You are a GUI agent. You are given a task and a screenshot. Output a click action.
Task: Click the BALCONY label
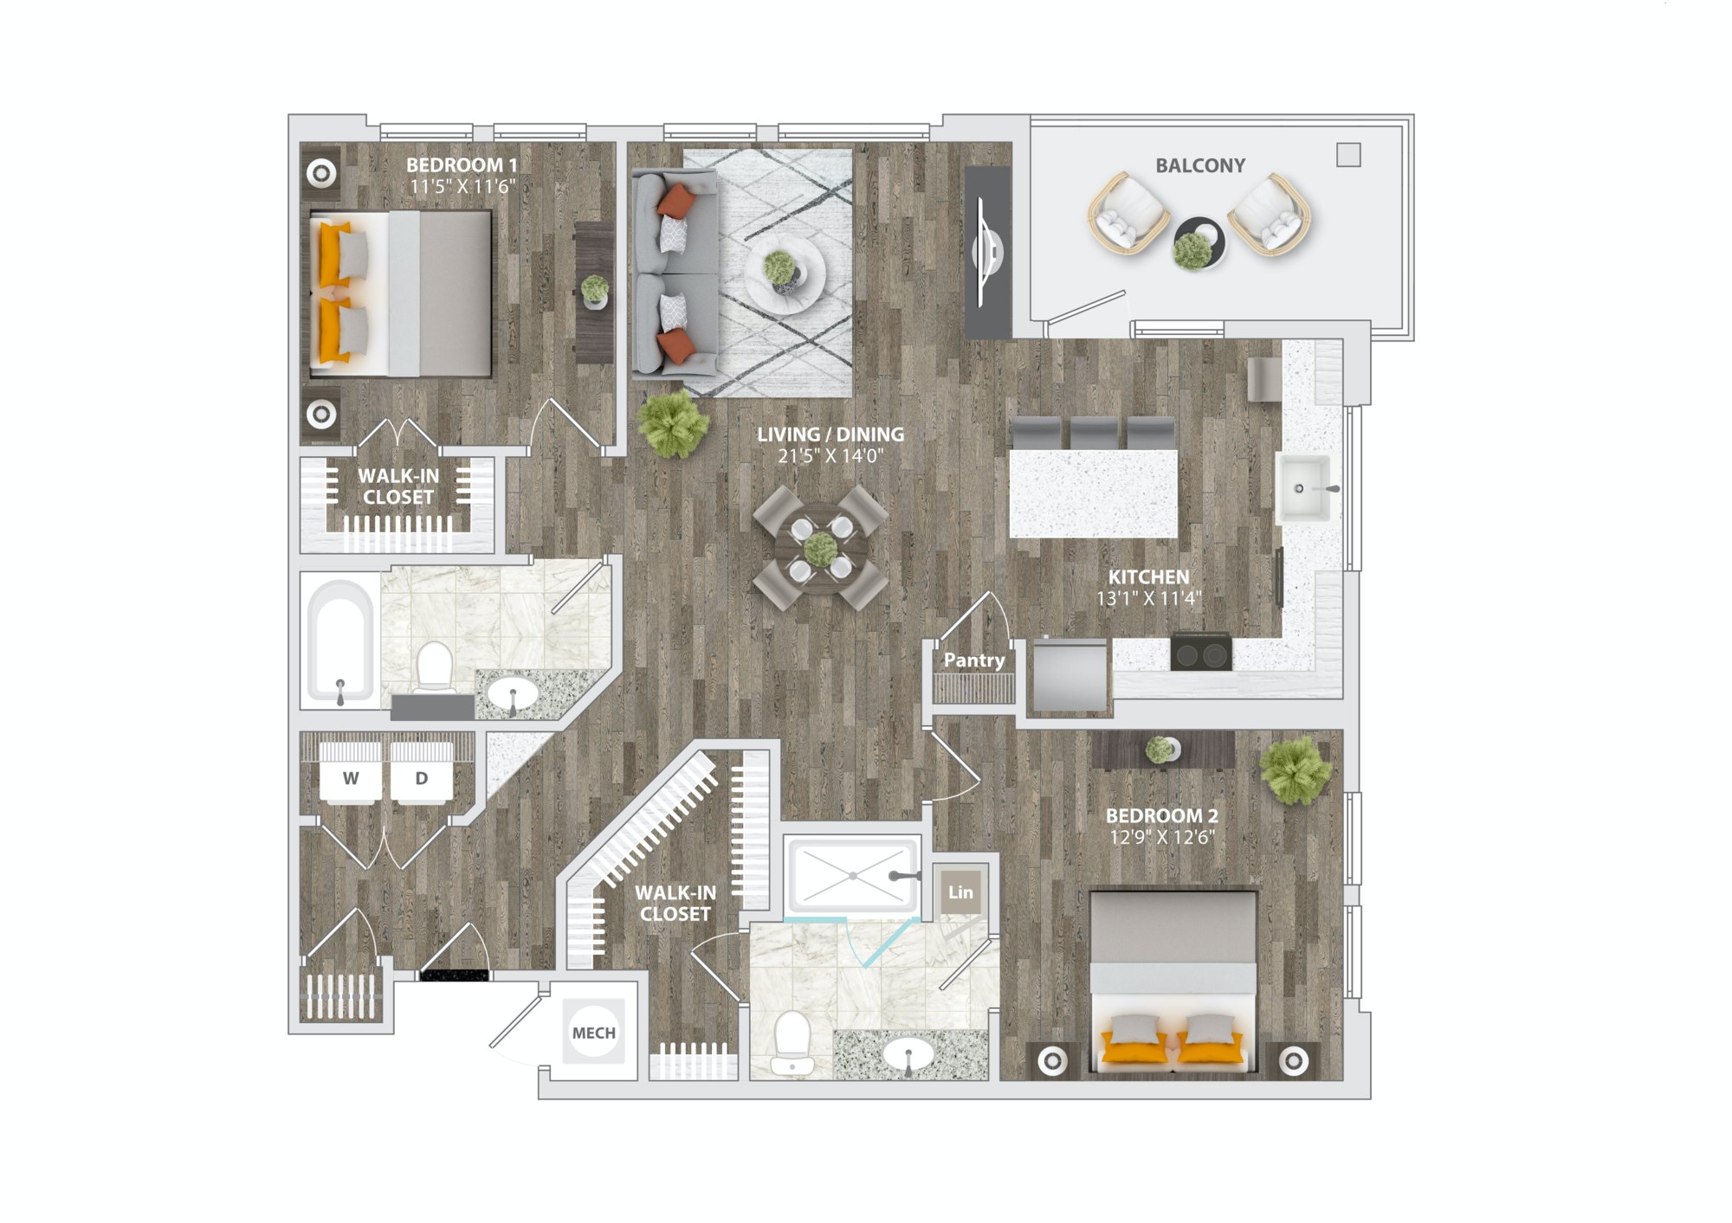click(1199, 165)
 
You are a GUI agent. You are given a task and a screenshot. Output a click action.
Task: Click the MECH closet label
click(594, 1033)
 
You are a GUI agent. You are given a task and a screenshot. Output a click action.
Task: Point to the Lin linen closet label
click(960, 892)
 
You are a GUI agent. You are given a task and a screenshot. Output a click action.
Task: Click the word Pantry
click(974, 660)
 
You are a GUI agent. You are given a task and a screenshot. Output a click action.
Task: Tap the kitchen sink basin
click(1304, 488)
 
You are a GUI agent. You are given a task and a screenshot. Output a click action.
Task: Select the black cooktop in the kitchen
click(1201, 653)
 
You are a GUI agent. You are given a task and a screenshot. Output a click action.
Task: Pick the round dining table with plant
click(819, 548)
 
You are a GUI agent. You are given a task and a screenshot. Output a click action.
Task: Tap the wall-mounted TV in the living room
click(988, 252)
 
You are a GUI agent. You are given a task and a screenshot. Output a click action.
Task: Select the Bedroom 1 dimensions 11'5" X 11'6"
click(462, 186)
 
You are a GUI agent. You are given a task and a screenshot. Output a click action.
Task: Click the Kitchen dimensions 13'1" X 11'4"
click(1149, 598)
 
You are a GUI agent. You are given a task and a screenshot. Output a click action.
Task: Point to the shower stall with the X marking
click(853, 876)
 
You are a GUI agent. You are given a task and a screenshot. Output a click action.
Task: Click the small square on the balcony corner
click(1348, 155)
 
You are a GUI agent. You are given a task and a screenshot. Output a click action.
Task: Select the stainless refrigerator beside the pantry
click(1069, 677)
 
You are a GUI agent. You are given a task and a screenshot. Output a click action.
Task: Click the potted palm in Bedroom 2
click(1295, 769)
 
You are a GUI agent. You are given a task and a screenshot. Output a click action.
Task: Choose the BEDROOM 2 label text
click(1162, 815)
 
